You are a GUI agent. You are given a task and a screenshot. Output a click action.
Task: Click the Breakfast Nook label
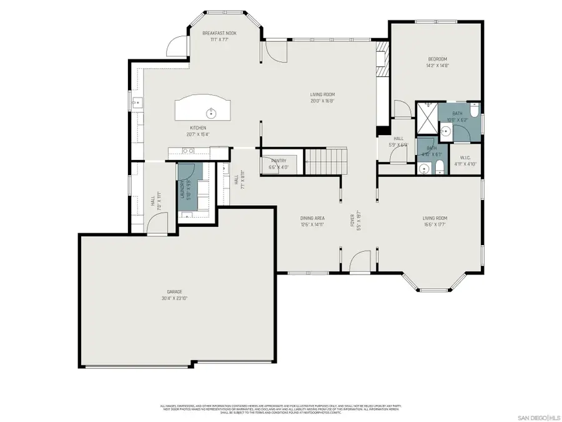219,33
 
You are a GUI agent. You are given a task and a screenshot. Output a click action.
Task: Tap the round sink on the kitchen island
212,113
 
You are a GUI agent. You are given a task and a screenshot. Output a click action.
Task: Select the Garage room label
174,292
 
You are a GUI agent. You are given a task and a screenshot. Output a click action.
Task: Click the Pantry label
279,161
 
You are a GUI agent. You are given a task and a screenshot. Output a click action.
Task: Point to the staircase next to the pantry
325,161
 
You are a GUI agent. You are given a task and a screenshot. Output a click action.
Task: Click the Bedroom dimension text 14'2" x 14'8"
437,64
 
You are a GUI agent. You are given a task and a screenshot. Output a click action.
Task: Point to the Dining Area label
311,218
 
